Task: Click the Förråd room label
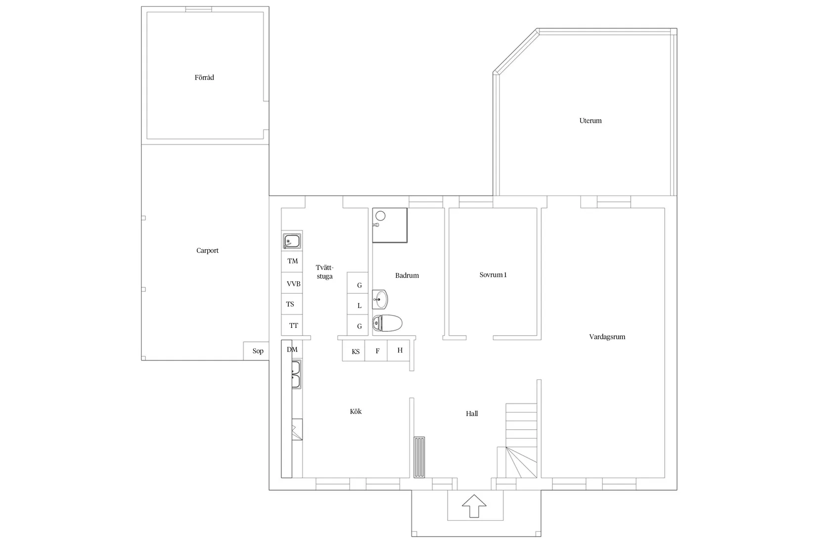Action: [x=204, y=78]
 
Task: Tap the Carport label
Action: [x=207, y=251]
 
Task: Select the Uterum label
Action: [x=590, y=121]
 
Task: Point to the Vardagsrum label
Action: [x=607, y=337]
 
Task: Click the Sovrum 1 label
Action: [x=493, y=275]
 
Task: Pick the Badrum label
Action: [x=407, y=275]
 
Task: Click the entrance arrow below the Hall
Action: [x=474, y=506]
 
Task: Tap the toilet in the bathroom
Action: [x=387, y=323]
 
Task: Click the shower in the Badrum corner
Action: [x=390, y=226]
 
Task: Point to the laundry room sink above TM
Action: [x=292, y=242]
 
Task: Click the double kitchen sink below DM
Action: [x=296, y=374]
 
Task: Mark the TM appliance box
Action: [x=292, y=261]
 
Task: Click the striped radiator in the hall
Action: [x=419, y=457]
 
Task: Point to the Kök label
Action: [x=356, y=411]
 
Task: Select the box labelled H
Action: [x=400, y=351]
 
